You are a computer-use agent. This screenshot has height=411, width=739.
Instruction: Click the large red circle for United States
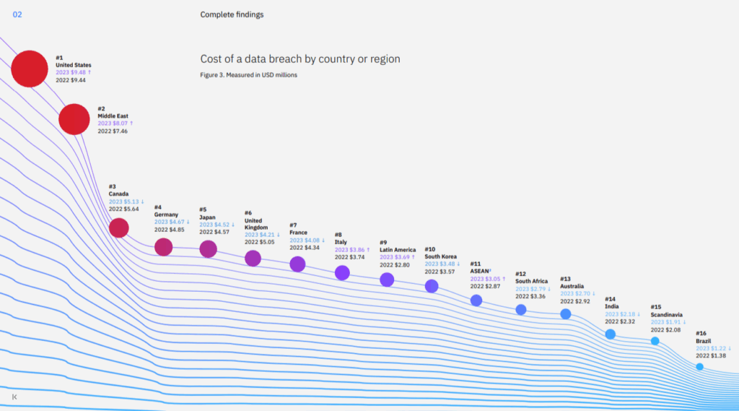(30, 69)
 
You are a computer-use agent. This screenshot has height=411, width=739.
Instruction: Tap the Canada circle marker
(118, 228)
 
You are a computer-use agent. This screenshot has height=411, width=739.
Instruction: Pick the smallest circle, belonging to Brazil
(699, 367)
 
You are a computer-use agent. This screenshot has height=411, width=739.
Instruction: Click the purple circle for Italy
(342, 272)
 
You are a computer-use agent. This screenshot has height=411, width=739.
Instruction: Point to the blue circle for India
(610, 334)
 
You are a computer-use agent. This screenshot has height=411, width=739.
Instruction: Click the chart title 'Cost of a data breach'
(299, 59)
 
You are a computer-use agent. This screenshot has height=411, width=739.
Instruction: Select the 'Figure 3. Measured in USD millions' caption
(248, 75)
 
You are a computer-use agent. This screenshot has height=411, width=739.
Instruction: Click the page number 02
(17, 14)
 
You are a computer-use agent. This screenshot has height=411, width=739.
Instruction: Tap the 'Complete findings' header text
(232, 14)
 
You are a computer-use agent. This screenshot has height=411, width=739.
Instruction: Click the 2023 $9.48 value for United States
(74, 73)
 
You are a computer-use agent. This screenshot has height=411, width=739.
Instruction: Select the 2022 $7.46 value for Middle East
(113, 131)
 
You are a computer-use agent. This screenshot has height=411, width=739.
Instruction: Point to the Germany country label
(167, 215)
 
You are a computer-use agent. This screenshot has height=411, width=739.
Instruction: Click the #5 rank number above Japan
(204, 209)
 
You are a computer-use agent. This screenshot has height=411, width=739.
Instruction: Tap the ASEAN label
(480, 272)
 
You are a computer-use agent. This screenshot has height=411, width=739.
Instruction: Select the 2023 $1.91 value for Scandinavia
(666, 322)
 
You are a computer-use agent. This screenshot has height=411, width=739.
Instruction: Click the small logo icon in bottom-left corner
(15, 397)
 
